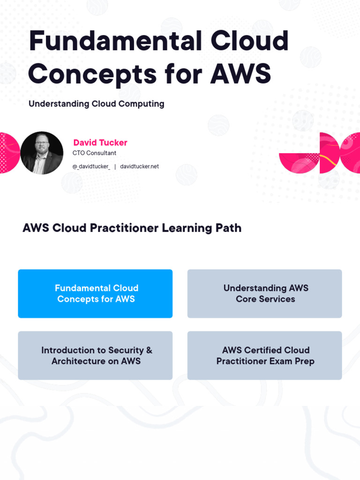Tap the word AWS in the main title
point(240,74)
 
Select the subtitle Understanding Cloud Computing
point(97,104)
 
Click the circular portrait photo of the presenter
point(42,153)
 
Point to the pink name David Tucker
point(100,142)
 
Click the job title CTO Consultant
point(94,153)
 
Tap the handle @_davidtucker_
point(91,166)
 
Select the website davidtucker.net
point(139,166)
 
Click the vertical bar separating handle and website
point(115,166)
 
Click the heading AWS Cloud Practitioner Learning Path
point(132,228)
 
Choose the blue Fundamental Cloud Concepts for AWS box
point(95,293)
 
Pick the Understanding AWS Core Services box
point(265,293)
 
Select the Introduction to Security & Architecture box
point(95,355)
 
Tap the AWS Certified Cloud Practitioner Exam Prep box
point(265,355)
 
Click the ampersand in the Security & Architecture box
point(149,350)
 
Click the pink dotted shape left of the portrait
point(8,153)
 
